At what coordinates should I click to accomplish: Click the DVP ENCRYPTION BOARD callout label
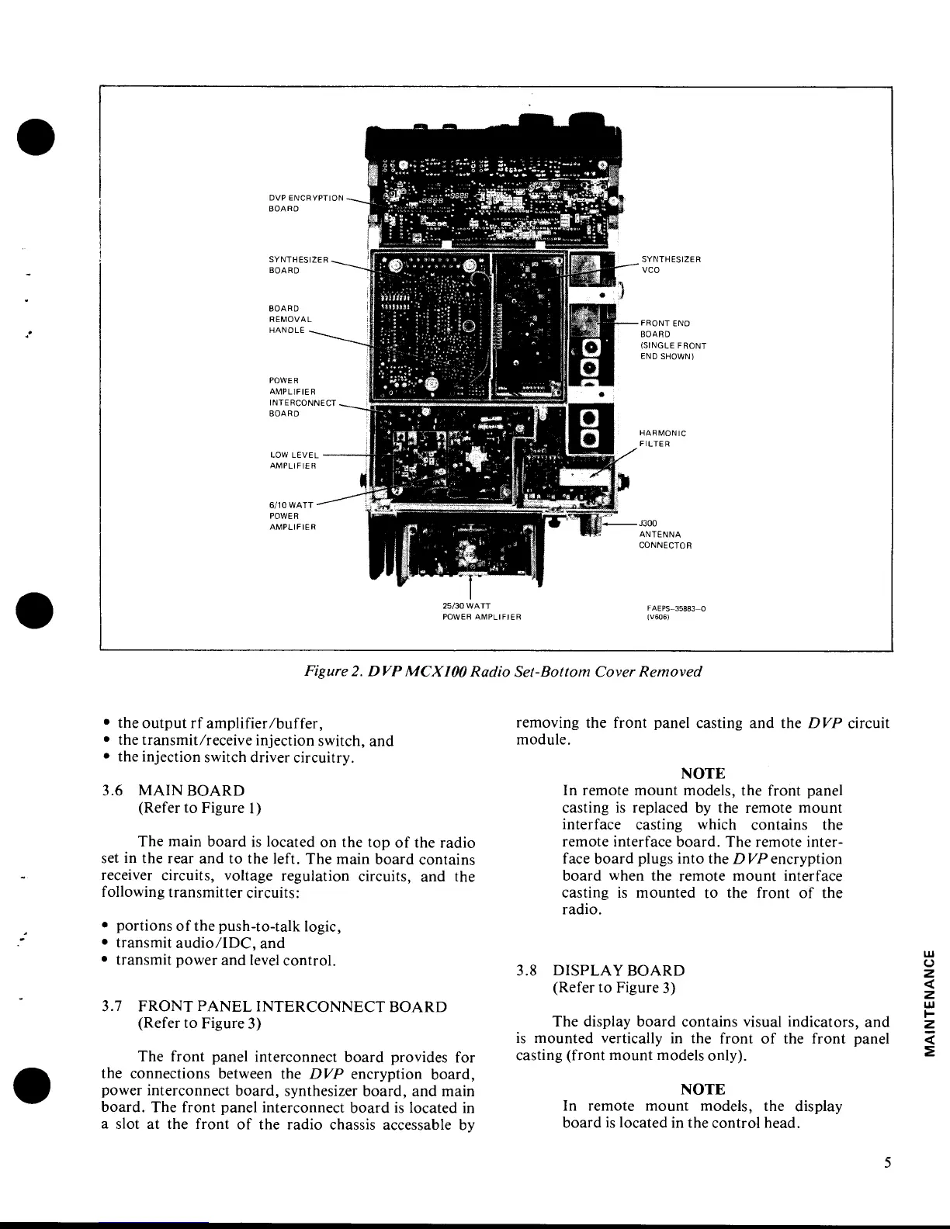click(305, 203)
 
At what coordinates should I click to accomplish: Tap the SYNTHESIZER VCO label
click(671, 265)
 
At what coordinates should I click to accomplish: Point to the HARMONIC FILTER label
click(662, 438)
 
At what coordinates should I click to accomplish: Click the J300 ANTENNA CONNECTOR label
click(664, 534)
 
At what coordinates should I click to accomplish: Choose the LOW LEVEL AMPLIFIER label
click(293, 460)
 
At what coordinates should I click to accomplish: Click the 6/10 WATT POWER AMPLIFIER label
click(292, 516)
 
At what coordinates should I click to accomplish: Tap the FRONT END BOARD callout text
click(672, 340)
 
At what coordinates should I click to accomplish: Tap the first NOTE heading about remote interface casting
click(702, 774)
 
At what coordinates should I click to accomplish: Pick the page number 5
click(886, 1162)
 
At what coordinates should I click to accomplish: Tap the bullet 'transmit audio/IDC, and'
click(199, 943)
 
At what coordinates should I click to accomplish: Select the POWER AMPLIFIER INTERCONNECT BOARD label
click(302, 396)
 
